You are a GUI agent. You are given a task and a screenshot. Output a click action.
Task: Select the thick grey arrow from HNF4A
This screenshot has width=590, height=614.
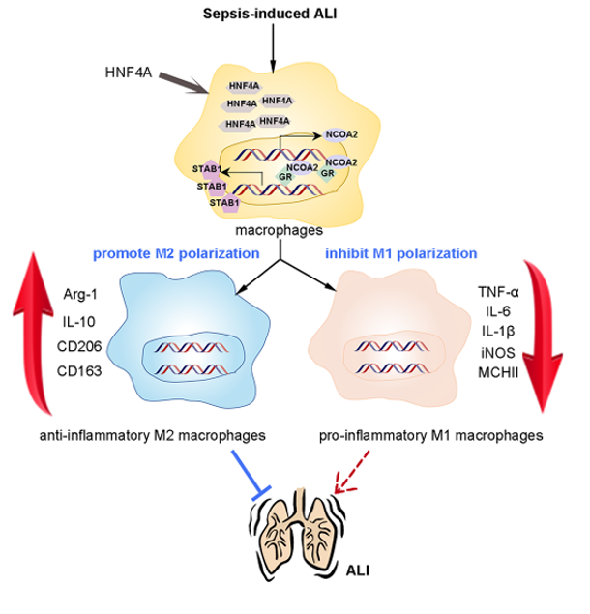pyautogui.click(x=183, y=85)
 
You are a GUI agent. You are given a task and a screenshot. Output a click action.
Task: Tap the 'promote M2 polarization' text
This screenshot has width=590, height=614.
pyautogui.click(x=177, y=255)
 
